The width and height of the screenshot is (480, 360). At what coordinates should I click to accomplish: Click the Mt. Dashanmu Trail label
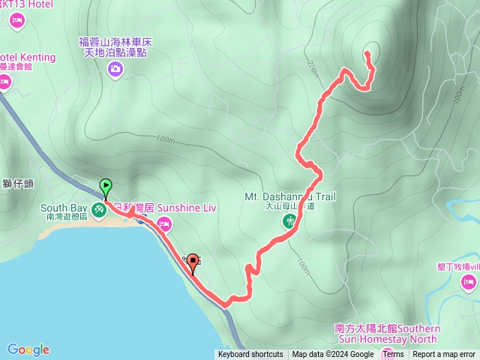coord(289,197)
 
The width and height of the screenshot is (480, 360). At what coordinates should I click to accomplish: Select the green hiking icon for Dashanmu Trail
coord(289,221)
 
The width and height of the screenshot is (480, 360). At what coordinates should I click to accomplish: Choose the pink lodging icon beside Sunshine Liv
coord(164,223)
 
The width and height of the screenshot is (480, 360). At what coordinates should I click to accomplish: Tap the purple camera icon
coord(115,70)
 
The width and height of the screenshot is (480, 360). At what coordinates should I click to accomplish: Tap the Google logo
coord(28,349)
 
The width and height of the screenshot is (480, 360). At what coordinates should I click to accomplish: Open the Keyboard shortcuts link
coord(250,355)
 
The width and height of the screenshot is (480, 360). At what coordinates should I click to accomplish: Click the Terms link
coord(392,355)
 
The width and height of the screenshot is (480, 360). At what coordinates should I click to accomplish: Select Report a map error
coord(444,355)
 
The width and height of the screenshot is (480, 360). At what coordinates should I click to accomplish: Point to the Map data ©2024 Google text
coord(333,355)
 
